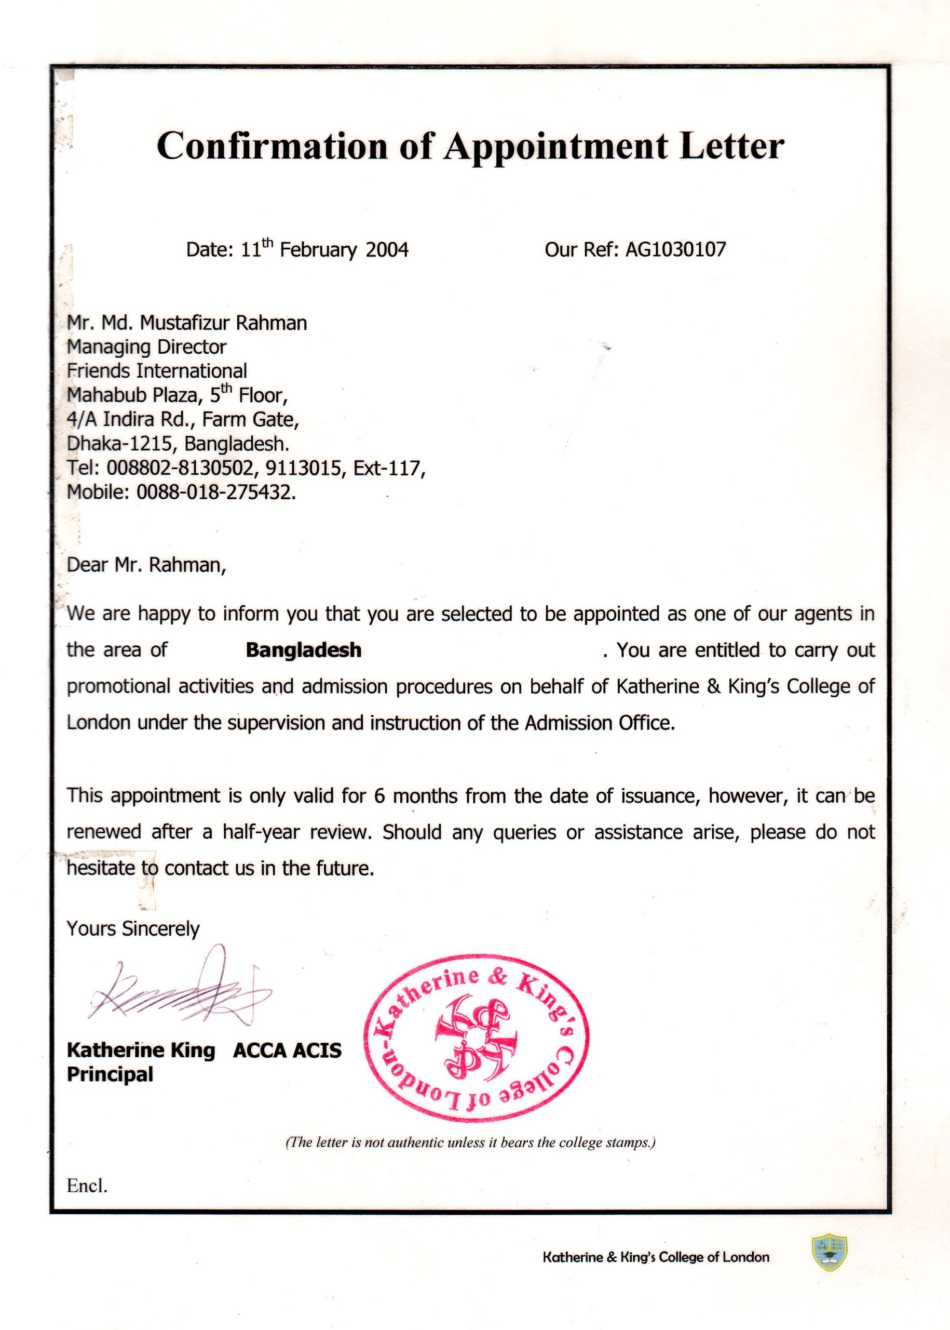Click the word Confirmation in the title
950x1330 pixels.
tap(272, 146)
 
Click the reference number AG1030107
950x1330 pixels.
tap(676, 250)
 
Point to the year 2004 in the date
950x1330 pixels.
tap(387, 250)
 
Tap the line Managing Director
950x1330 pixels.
tap(146, 347)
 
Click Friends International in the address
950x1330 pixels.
tap(157, 371)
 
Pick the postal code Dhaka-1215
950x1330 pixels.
tap(120, 444)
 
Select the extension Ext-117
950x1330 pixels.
tap(387, 468)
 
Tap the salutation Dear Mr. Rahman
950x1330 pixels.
tap(146, 565)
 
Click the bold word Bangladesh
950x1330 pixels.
tap(303, 650)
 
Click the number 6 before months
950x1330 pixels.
tap(379, 796)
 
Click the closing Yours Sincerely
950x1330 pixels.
tap(133, 929)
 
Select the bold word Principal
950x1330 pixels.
tap(110, 1075)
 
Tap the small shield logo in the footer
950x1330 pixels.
tap(830, 1253)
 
